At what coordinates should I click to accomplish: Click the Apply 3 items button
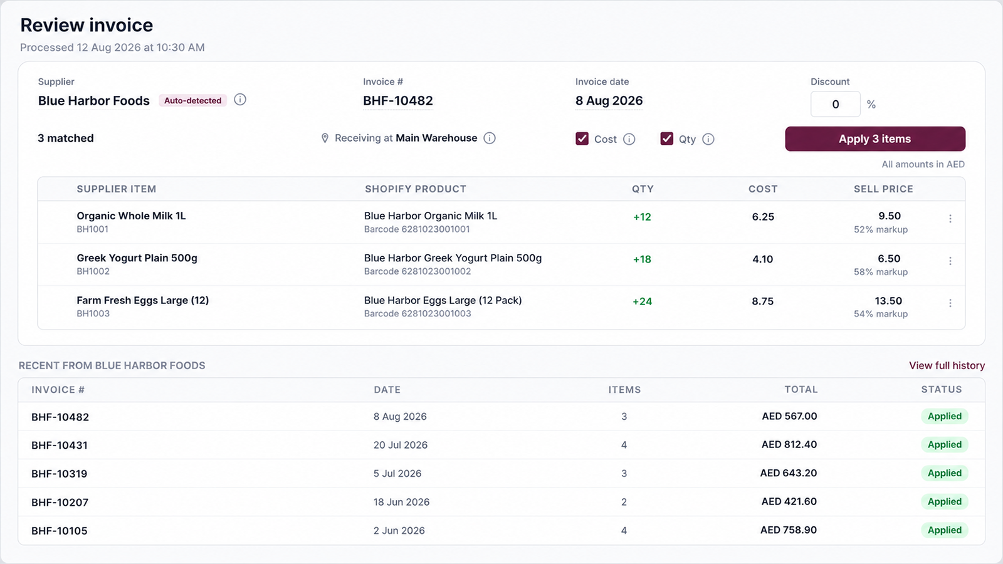tap(875, 138)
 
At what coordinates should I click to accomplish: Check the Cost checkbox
tap(582, 138)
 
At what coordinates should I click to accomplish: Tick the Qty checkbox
tap(666, 138)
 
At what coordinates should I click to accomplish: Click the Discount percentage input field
tap(835, 104)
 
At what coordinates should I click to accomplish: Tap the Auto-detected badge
tap(192, 100)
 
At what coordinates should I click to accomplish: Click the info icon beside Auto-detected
tap(240, 100)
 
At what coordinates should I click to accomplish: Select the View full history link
tap(947, 366)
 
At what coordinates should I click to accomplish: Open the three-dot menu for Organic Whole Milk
tap(950, 219)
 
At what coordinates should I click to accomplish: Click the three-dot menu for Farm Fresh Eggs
tap(950, 303)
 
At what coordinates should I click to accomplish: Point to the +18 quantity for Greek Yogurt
tap(642, 259)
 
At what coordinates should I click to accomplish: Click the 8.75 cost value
tap(762, 301)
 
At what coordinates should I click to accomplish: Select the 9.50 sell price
tap(890, 216)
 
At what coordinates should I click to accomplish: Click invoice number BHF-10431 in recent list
tap(60, 446)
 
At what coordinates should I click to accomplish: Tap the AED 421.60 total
tap(789, 501)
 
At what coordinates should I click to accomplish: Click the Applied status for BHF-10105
tap(944, 530)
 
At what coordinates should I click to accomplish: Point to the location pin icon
tap(325, 138)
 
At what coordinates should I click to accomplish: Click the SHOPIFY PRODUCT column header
tap(416, 189)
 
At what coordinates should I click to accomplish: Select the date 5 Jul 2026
tap(397, 474)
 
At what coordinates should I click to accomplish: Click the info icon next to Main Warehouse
tap(490, 138)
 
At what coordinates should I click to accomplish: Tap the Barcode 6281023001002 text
tap(417, 271)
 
